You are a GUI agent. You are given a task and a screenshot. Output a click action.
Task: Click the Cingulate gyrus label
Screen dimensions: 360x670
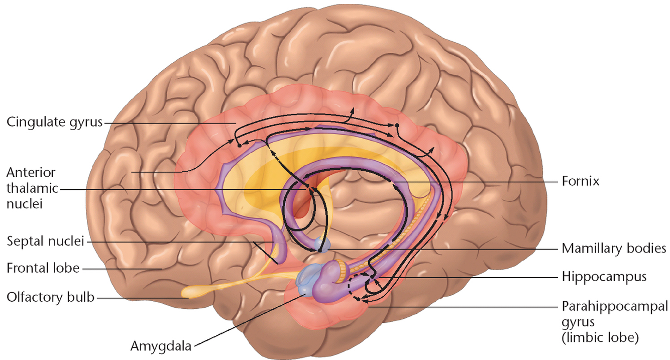54,122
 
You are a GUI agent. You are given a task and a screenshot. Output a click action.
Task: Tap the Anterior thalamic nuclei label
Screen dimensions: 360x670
31,189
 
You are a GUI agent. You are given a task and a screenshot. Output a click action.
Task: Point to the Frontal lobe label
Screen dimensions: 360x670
43,268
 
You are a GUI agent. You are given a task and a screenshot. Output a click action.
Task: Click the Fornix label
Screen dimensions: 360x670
581,181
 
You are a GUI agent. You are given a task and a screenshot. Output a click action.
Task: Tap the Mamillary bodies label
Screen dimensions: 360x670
614,248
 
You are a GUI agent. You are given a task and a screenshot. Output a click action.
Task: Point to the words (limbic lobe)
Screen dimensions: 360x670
600,337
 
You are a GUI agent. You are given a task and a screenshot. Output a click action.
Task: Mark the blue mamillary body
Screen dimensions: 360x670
321,245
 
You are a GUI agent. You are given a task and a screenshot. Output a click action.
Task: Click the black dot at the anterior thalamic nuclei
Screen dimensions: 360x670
308,186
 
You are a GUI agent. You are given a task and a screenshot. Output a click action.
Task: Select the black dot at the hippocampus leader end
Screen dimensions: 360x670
372,276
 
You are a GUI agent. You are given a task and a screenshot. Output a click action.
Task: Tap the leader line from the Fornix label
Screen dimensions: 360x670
477,181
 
